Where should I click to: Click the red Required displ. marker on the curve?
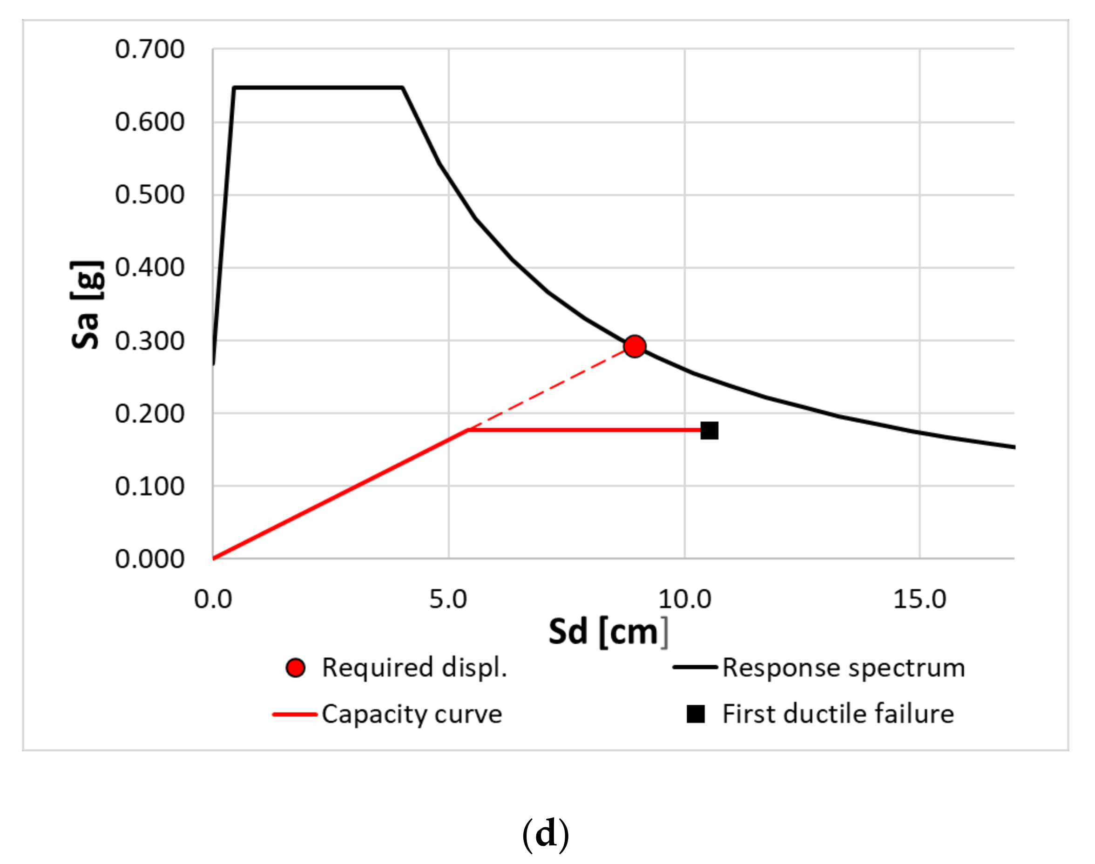(634, 346)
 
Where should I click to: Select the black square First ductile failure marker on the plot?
(709, 431)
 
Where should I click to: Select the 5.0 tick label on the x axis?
(448, 600)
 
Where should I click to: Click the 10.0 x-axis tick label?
(684, 600)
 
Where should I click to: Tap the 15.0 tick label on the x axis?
(919, 600)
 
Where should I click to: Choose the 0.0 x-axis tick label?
(213, 600)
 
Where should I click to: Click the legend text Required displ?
(414, 668)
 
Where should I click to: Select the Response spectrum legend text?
(844, 668)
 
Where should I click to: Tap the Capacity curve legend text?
(412, 714)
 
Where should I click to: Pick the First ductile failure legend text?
(838, 714)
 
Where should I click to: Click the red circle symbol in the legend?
(295, 668)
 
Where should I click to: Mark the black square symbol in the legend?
(696, 714)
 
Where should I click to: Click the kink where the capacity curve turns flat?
(468, 431)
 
